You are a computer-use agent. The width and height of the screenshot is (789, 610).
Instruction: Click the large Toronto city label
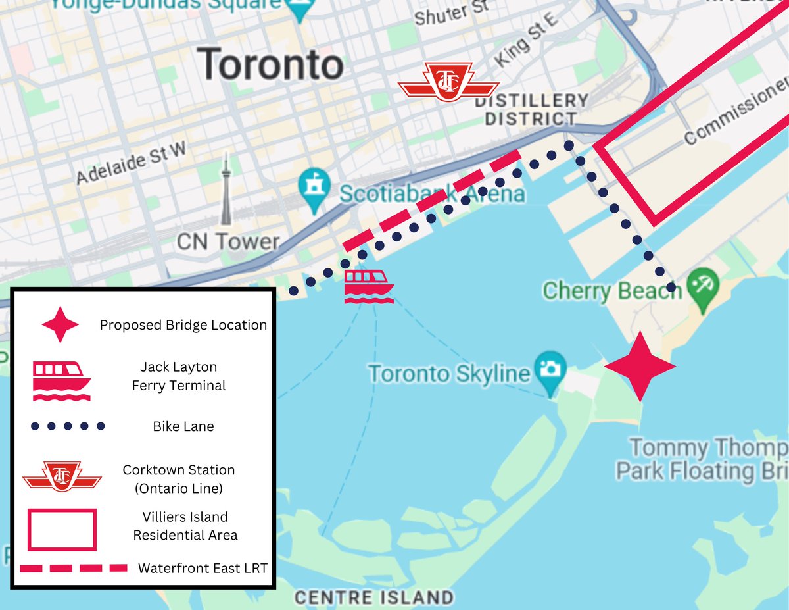271,64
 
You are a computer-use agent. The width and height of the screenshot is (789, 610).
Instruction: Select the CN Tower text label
228,242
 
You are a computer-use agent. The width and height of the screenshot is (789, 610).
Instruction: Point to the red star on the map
640,367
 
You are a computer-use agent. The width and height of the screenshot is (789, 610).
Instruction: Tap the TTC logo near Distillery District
448,82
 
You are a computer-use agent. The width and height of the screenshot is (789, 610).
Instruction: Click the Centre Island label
373,597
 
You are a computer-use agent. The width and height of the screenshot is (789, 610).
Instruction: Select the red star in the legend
60,324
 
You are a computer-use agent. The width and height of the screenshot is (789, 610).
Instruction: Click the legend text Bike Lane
183,427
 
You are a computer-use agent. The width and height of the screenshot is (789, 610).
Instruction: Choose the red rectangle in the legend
62,529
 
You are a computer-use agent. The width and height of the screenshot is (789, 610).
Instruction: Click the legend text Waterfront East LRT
203,568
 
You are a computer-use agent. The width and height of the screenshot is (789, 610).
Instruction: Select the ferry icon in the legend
62,381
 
